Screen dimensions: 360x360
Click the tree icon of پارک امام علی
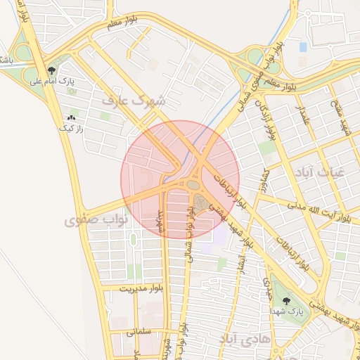(52, 70)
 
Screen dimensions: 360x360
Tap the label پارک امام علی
(51, 82)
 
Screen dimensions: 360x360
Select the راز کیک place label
(71, 129)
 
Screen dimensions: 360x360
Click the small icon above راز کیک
(71, 118)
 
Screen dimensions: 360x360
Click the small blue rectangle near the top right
(303, 47)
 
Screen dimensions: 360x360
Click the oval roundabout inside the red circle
(192, 185)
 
